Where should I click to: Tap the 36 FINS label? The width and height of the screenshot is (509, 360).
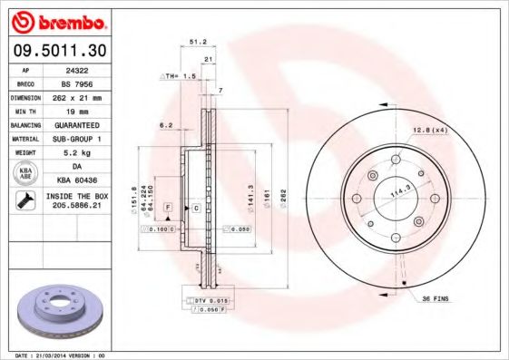coord(435,298)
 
